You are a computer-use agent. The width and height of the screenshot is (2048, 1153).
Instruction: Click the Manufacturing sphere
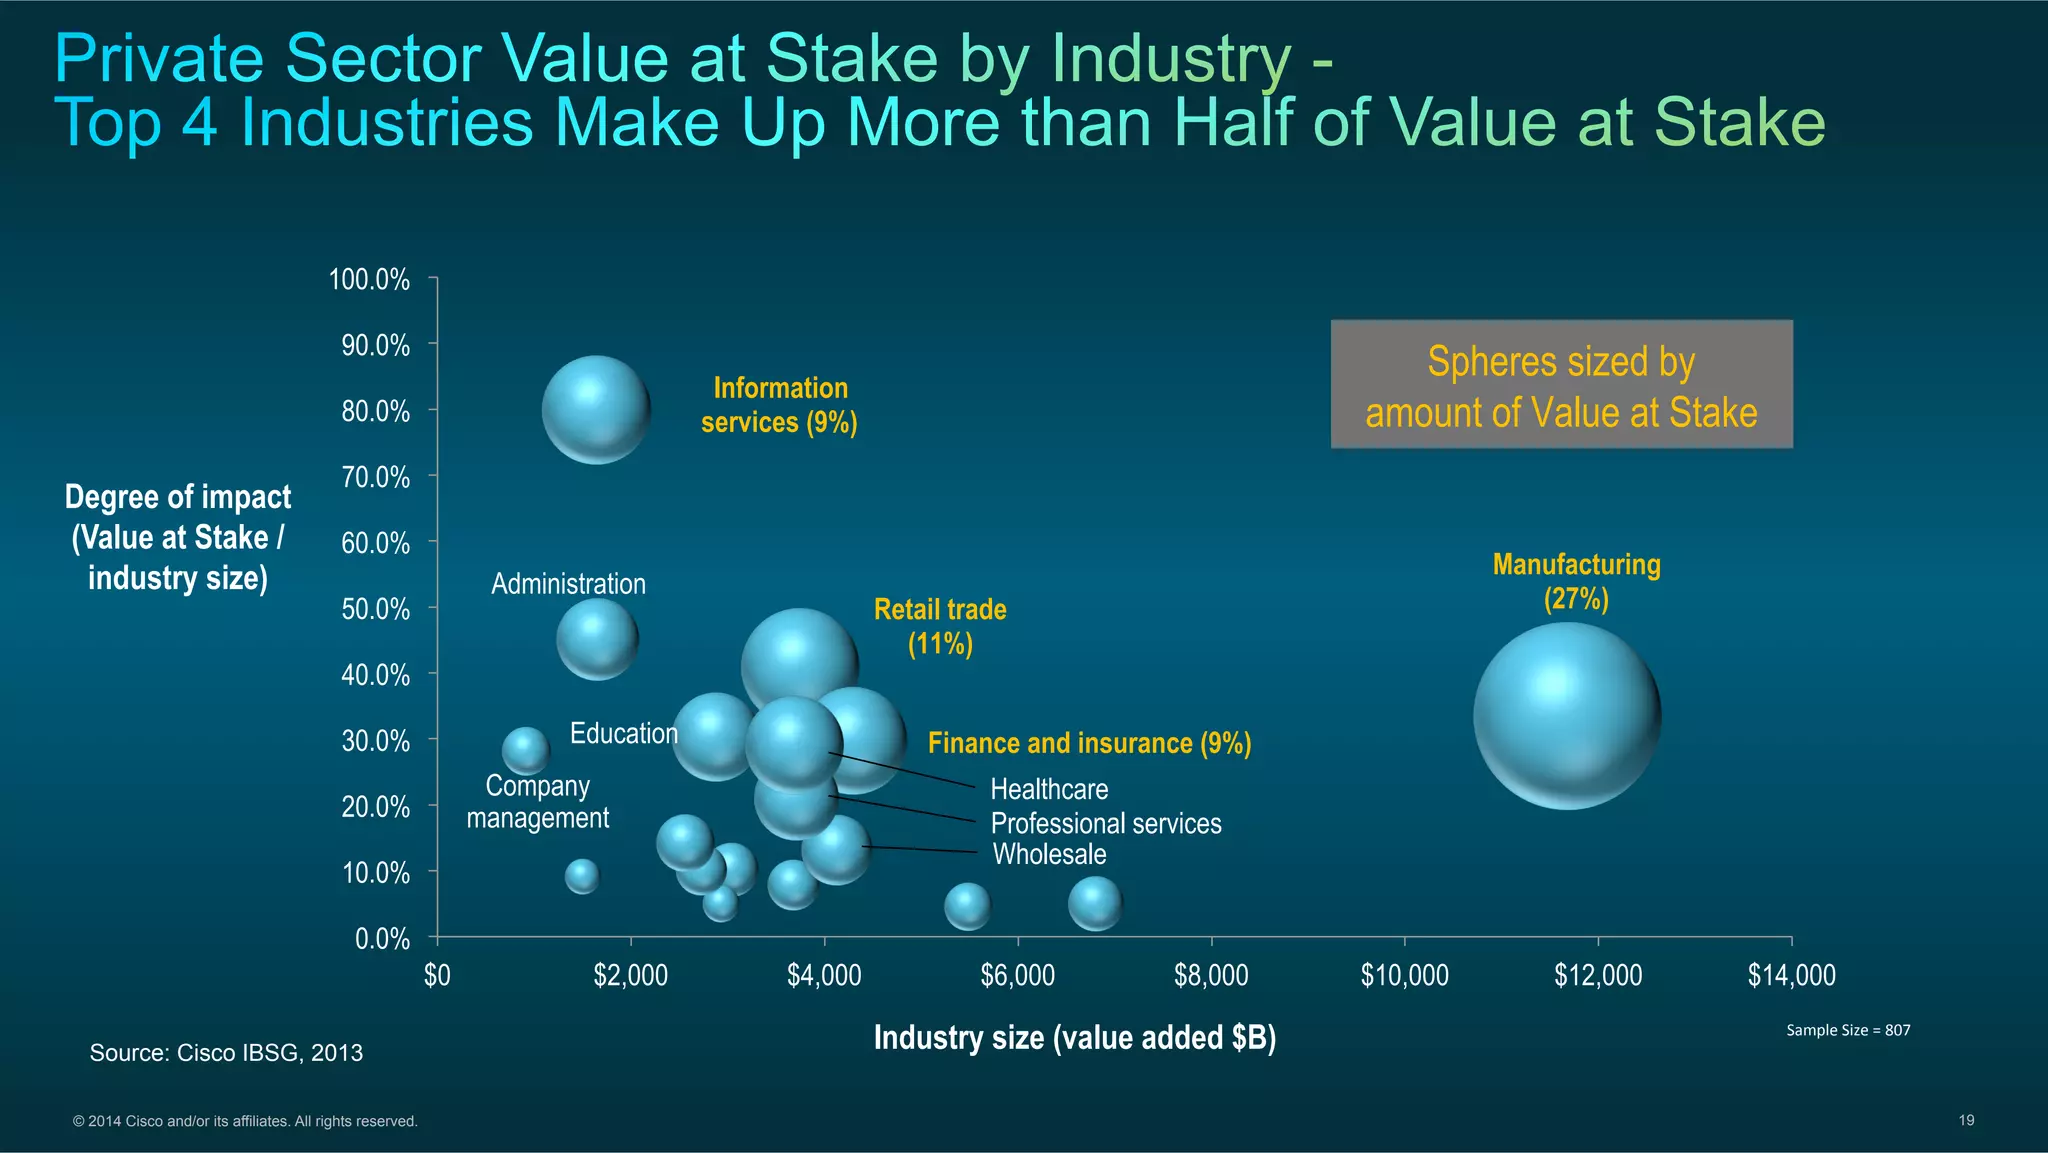point(1567,716)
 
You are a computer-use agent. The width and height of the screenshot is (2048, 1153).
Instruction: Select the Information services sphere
point(596,410)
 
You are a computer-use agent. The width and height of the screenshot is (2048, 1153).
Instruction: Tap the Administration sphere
point(597,639)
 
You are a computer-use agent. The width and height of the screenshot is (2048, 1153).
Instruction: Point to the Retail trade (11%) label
point(940,626)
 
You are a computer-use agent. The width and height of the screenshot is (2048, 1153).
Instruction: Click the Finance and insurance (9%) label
point(1089,743)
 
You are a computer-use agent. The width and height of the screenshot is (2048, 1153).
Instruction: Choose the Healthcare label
point(1049,789)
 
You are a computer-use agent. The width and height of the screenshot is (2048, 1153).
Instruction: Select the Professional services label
point(1106,823)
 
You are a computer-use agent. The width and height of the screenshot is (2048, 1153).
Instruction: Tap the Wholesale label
point(1049,854)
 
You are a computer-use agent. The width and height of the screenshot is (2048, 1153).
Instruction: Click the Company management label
point(538,802)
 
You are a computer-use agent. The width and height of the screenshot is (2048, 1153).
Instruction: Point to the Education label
point(624,733)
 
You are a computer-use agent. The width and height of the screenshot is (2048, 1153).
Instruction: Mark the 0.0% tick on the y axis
point(382,939)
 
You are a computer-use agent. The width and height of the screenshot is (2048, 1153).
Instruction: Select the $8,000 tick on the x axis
point(1211,975)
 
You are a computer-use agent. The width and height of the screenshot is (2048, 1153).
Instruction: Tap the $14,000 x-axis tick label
point(1791,975)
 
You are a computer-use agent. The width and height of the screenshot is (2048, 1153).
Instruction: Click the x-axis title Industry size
point(1075,1038)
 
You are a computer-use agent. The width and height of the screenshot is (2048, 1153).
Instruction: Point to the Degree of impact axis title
point(178,537)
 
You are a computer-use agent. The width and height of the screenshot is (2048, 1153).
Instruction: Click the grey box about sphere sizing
point(1561,385)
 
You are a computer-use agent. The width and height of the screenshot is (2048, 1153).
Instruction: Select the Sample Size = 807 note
point(1848,1030)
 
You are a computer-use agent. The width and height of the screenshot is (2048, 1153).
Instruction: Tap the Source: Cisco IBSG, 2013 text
point(226,1053)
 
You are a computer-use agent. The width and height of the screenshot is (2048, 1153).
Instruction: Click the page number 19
point(1966,1120)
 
